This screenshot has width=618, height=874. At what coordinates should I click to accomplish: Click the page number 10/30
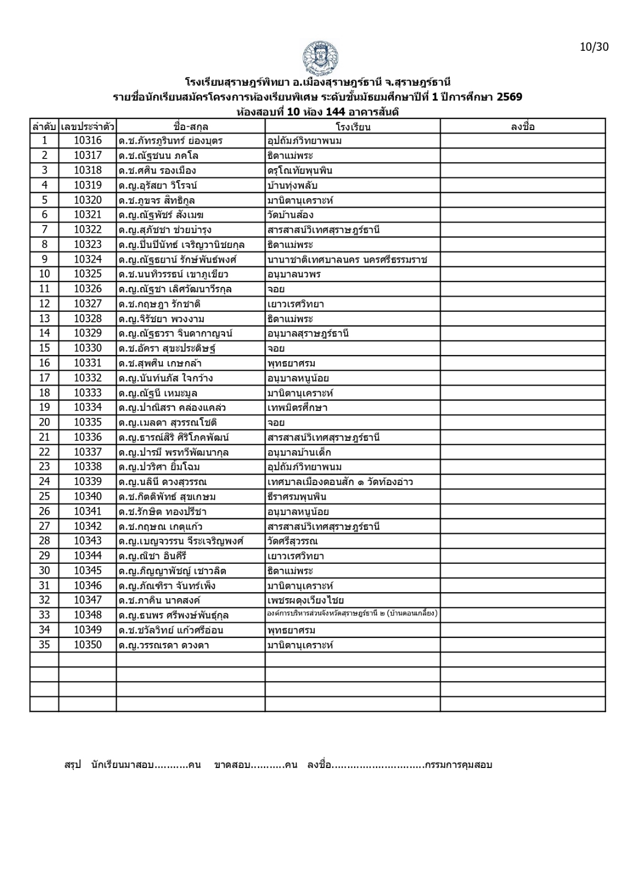(x=593, y=46)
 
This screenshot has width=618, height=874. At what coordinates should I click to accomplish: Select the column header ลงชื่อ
(x=522, y=127)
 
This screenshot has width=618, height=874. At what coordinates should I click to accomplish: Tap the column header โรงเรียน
(x=353, y=127)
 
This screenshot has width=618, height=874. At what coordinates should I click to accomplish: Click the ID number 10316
(x=87, y=141)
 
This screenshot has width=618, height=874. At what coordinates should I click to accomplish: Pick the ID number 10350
(x=87, y=645)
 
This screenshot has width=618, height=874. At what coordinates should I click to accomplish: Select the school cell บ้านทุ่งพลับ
(x=292, y=185)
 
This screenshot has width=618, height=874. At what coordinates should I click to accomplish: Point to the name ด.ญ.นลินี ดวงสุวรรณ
(x=162, y=482)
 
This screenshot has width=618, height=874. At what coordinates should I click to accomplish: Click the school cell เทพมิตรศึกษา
(x=297, y=408)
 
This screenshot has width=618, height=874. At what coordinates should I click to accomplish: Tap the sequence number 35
(x=44, y=645)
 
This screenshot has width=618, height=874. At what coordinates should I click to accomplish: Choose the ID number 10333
(x=87, y=393)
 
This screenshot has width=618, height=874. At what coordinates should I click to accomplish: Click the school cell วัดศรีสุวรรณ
(x=292, y=541)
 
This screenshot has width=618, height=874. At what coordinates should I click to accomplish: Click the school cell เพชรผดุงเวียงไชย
(x=305, y=600)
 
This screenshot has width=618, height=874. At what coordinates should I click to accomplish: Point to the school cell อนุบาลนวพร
(x=294, y=274)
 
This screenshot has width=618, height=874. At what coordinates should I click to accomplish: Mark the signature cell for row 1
(x=522, y=141)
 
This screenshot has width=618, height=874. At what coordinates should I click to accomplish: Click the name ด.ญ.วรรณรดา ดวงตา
(x=164, y=645)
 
